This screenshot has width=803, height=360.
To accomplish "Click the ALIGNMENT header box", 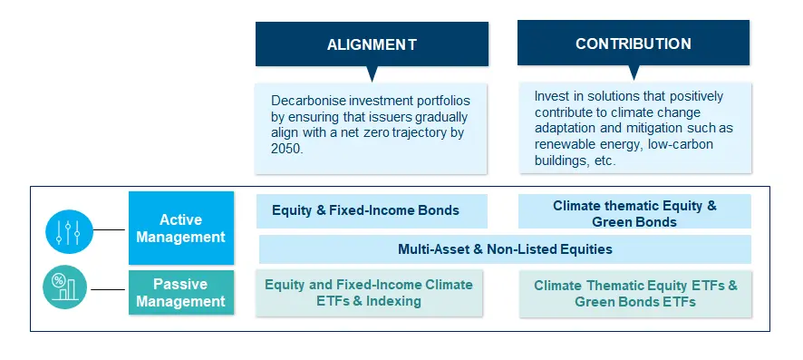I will pyautogui.click(x=372, y=44).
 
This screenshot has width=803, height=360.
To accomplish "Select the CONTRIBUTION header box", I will pyautogui.click(x=633, y=44).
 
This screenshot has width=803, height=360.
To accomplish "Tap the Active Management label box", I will pyautogui.click(x=180, y=229).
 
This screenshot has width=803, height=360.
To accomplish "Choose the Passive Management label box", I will pyautogui.click(x=180, y=292).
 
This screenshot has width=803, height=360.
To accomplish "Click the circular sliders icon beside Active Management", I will pyautogui.click(x=70, y=229).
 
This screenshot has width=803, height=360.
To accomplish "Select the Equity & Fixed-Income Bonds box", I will pyautogui.click(x=372, y=210).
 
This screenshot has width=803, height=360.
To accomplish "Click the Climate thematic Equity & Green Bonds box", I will pyautogui.click(x=634, y=213).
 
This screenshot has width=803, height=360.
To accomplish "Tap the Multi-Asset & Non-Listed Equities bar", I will pyautogui.click(x=505, y=248).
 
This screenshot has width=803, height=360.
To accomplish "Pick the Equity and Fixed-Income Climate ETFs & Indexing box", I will pyautogui.click(x=369, y=292).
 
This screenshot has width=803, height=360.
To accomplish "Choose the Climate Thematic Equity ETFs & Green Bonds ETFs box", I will pyautogui.click(x=635, y=293).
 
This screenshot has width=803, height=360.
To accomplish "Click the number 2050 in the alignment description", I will pyautogui.click(x=287, y=149).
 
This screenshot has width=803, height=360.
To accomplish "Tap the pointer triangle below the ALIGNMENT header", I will pyautogui.click(x=372, y=74).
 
